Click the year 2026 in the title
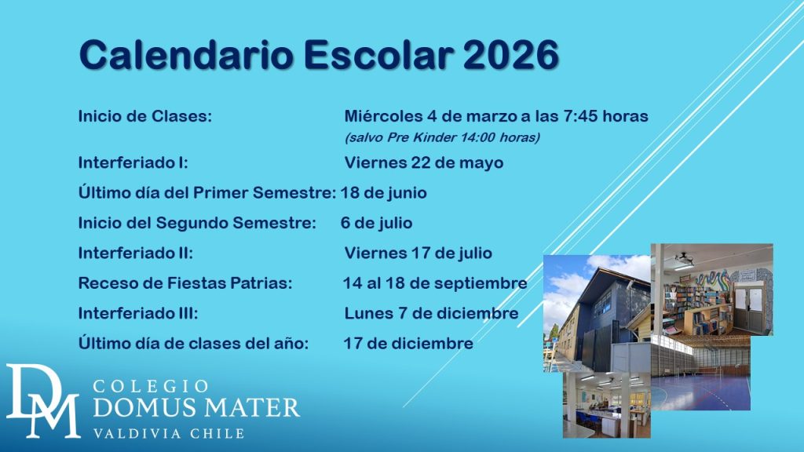510,54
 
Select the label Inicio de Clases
145,116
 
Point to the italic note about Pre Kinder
442,137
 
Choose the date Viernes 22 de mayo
424,163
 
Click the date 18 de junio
383,193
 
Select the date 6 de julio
376,223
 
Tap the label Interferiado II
136,253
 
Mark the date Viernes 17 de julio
418,253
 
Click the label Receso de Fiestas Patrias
185,282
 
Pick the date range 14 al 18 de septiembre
435,283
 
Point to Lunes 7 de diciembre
431,313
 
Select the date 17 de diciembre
408,344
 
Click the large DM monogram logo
42,401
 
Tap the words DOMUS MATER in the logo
196,407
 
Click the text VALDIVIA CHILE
169,433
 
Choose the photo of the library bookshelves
712,290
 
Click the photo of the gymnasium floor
700,373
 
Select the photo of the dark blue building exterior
597,313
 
